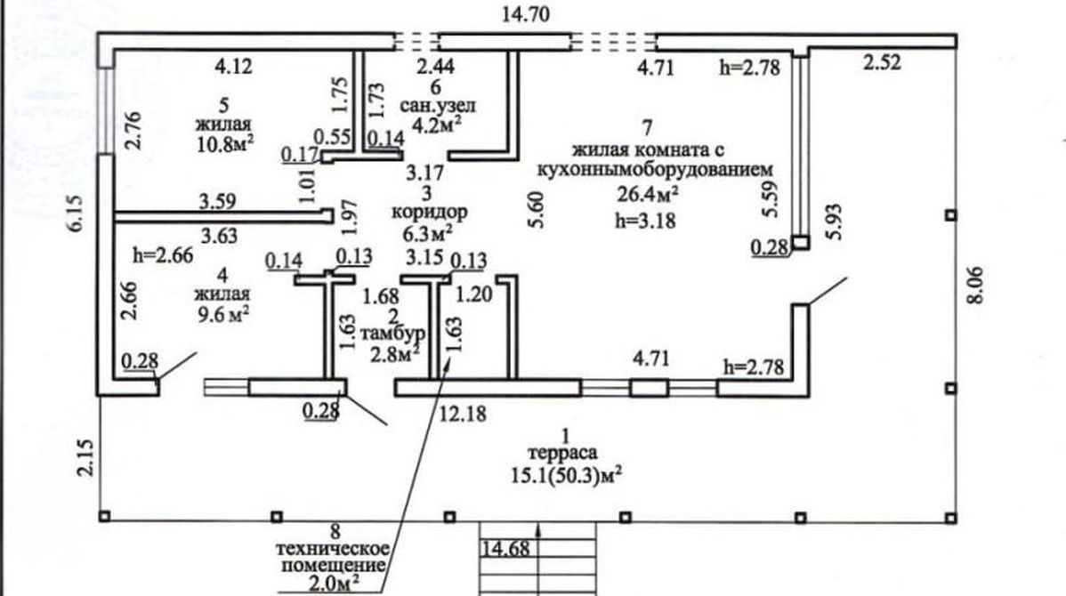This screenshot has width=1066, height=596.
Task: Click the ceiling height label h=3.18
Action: [x=643, y=220]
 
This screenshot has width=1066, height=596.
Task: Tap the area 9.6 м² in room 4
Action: [x=221, y=312]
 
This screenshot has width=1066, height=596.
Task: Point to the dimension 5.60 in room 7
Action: [x=531, y=210]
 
